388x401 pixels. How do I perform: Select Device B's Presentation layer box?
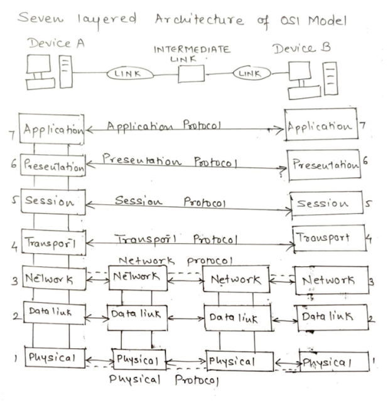click(x=323, y=165)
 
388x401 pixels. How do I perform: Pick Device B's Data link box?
click(x=327, y=316)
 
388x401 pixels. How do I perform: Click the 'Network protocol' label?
click(x=175, y=259)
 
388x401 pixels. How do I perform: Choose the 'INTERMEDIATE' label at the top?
click(x=191, y=48)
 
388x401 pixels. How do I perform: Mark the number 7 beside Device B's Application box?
click(x=362, y=128)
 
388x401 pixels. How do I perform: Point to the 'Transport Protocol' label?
click(x=176, y=239)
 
